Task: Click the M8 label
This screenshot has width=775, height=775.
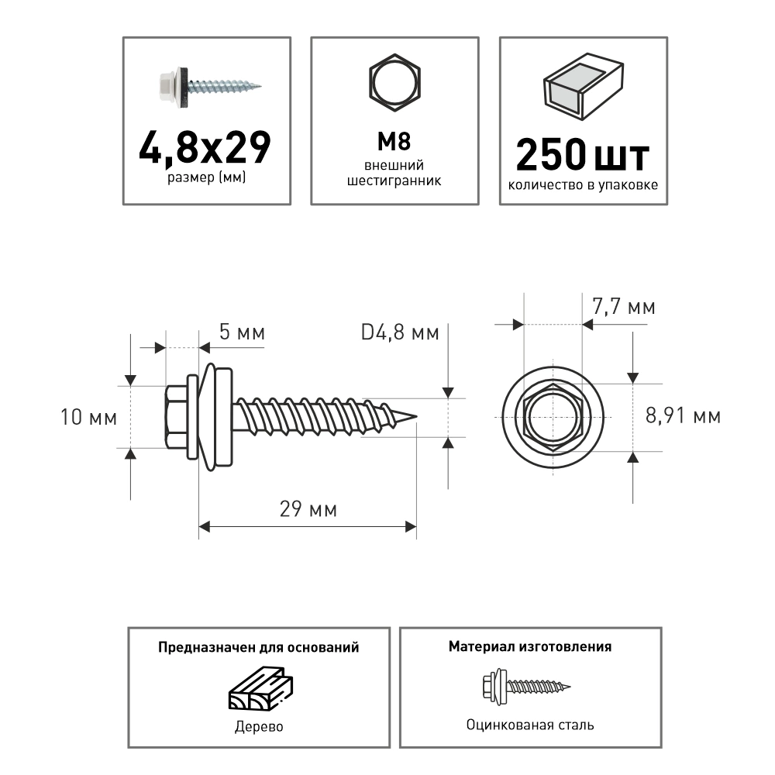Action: pos(394,143)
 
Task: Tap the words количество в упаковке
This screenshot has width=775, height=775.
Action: pos(583,185)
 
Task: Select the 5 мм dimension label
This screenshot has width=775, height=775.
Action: pos(242,333)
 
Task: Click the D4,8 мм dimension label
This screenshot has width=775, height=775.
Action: pos(400,333)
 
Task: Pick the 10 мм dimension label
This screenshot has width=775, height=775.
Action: pos(89,418)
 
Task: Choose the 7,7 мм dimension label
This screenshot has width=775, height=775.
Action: pos(624,308)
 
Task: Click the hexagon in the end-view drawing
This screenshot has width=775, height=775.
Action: pos(553,417)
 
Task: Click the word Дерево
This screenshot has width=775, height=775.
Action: pos(258,727)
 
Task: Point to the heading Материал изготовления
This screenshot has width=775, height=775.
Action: pos(530,646)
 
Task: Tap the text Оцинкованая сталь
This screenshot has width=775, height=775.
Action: pos(530,725)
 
